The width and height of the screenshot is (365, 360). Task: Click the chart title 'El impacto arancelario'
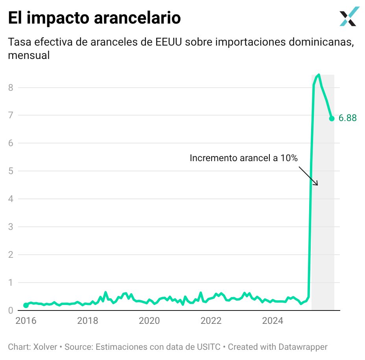tap(94, 18)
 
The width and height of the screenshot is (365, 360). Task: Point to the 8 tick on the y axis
tap(11, 88)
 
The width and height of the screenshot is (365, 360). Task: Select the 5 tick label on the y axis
tap(11, 171)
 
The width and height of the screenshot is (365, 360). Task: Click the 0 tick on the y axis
tap(11, 310)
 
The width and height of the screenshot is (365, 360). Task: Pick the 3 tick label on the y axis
tap(11, 227)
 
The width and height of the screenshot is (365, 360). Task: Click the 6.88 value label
tap(348, 118)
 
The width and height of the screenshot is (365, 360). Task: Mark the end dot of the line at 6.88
tap(332, 118)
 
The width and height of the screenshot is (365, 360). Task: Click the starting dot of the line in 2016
tap(26, 305)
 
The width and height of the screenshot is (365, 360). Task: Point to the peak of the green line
tap(319, 75)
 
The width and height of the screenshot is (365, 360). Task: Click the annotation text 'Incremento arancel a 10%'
tap(243, 158)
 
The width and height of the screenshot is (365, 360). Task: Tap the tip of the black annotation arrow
tap(317, 185)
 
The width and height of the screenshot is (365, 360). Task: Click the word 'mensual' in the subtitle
tap(29, 55)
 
